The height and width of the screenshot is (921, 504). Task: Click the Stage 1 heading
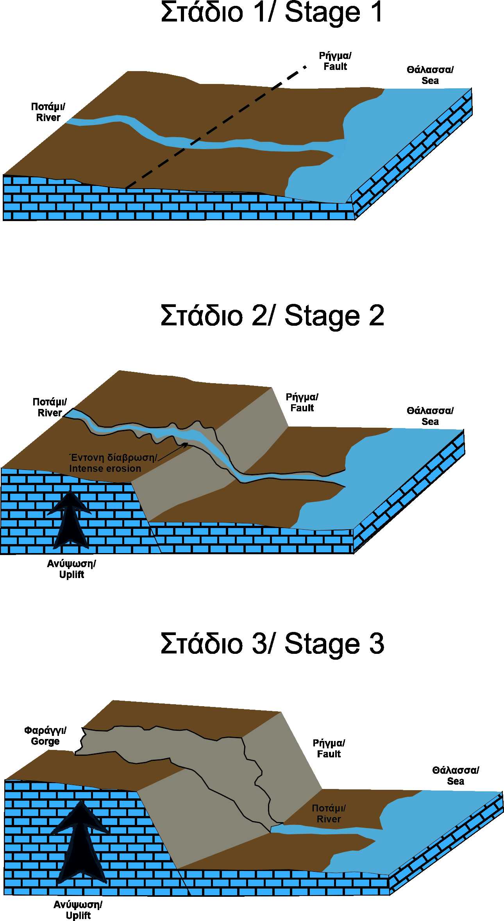click(x=272, y=13)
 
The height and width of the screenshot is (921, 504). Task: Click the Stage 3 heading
click(x=272, y=643)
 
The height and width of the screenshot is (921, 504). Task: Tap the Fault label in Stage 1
click(x=335, y=61)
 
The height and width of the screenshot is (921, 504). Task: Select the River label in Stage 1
click(x=48, y=112)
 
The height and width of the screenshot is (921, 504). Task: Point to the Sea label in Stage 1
click(x=430, y=75)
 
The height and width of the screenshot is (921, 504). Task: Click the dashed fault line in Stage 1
click(x=216, y=127)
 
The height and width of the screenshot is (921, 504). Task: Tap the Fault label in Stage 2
click(x=302, y=402)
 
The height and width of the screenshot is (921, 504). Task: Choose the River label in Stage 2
click(x=50, y=407)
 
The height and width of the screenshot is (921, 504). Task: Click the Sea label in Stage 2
click(x=430, y=416)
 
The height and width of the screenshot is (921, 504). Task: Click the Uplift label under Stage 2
click(x=71, y=569)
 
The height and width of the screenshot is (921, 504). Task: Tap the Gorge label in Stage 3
click(x=45, y=736)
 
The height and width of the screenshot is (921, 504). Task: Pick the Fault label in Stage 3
click(x=329, y=748)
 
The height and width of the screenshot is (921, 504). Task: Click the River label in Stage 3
click(x=329, y=814)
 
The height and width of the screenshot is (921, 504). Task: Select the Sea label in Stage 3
click(x=456, y=776)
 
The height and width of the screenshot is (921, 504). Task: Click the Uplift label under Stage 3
click(x=78, y=910)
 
